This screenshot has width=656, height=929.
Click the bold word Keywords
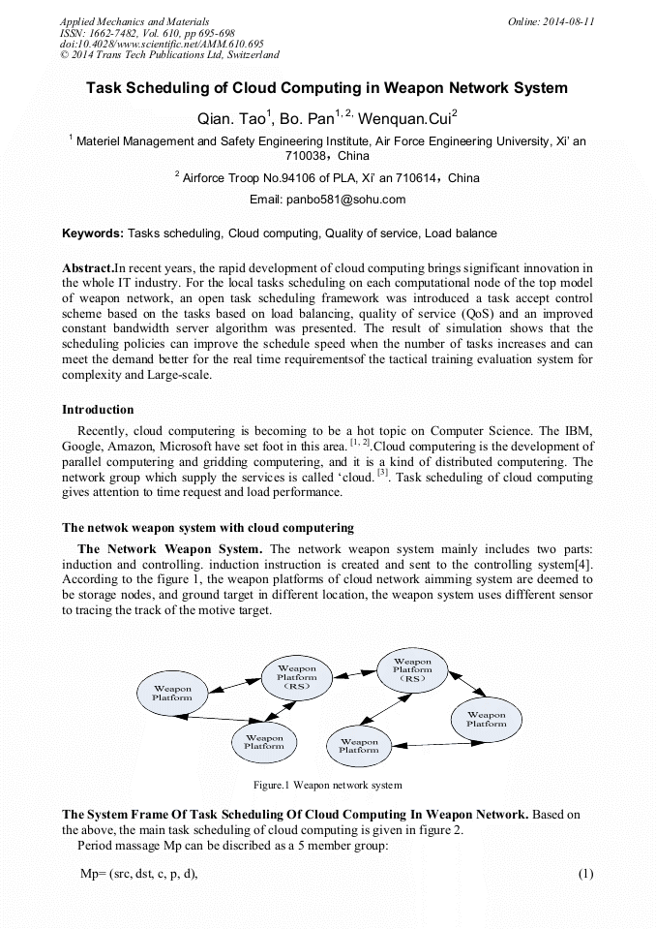point(92,233)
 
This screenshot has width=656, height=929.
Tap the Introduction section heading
point(98,410)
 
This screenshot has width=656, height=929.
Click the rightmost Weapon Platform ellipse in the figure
point(486,719)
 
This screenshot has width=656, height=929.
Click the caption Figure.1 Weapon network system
point(327,785)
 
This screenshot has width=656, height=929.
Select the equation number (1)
point(584,874)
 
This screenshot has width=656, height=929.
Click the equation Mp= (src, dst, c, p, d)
point(138,874)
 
